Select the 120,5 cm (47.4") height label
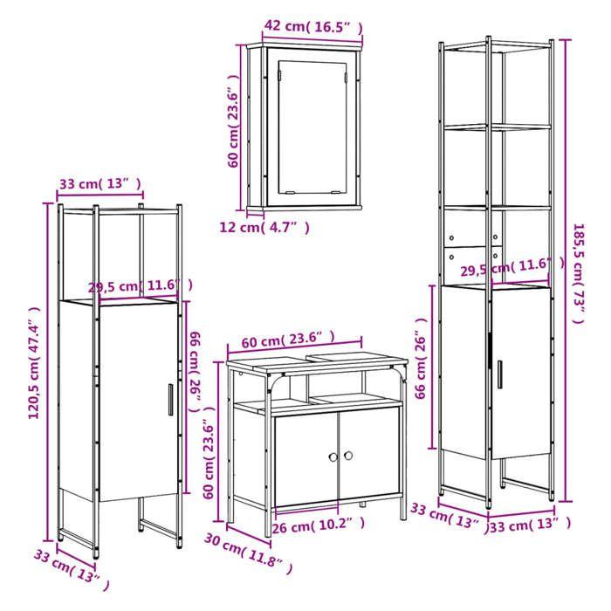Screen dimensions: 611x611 (x=35, y=362)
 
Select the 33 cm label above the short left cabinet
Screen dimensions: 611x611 (x=100, y=183)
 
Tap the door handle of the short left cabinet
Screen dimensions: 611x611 (x=168, y=402)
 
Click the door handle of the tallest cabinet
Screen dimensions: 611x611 (x=500, y=373)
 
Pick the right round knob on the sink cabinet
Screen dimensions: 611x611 (x=347, y=456)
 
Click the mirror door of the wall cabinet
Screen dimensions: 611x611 (x=311, y=129)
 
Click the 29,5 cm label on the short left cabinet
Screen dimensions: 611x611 (x=140, y=285)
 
